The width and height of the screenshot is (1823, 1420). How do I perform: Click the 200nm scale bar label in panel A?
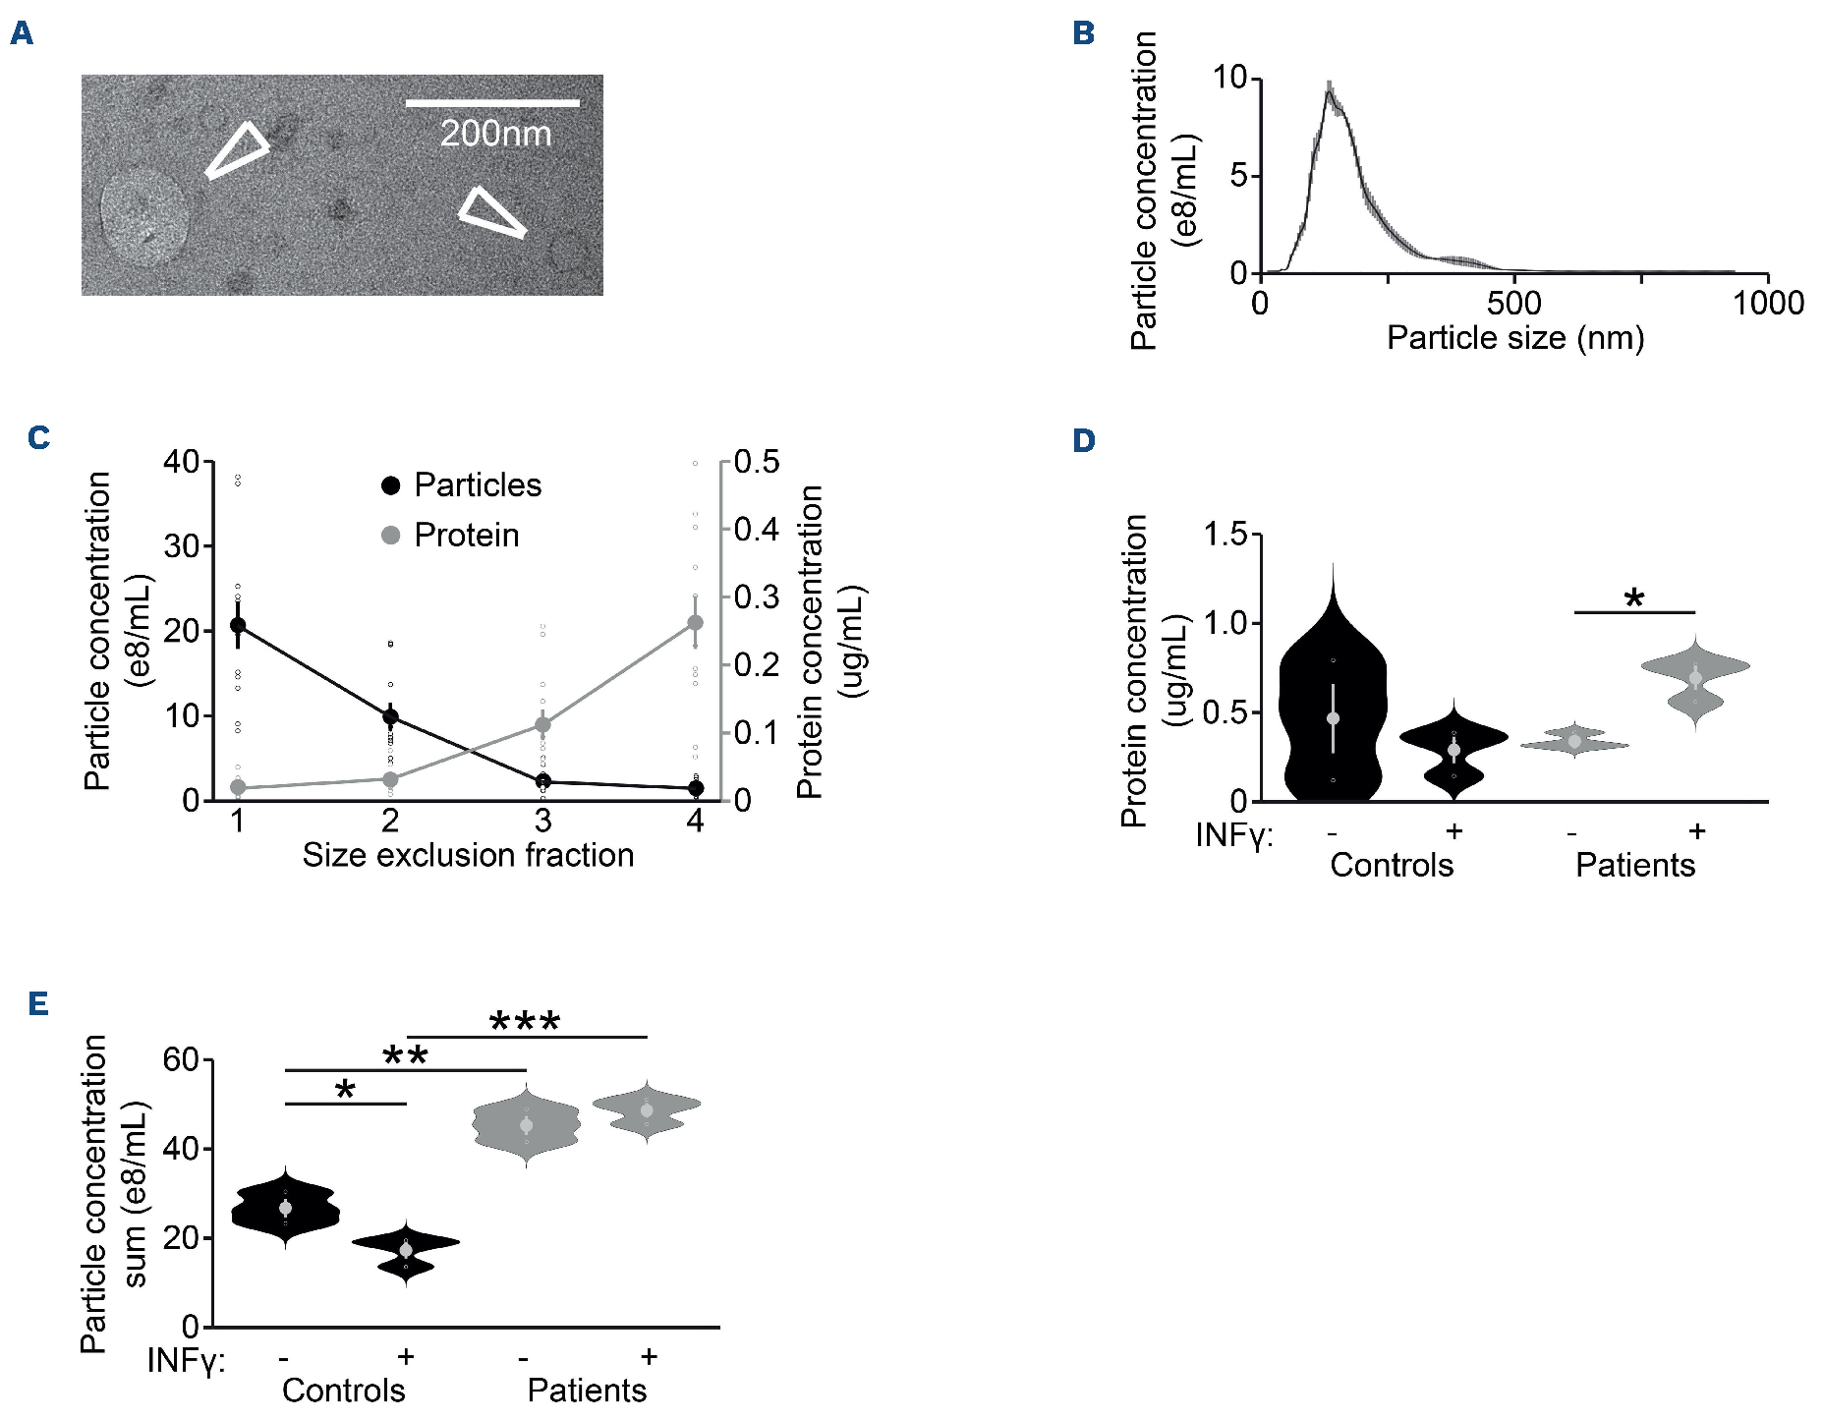[x=495, y=134]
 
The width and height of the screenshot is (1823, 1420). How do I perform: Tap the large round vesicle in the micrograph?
[x=144, y=216]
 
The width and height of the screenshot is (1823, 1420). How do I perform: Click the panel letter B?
[x=1083, y=33]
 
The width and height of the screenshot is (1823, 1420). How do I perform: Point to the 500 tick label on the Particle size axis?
[x=1513, y=303]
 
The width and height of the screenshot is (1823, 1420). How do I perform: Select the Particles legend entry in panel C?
[x=462, y=484]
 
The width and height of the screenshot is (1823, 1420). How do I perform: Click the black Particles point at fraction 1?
[x=238, y=625]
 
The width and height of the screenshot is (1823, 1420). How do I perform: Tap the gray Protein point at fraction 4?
[x=696, y=622]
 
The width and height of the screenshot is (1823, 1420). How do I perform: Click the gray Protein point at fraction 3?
[x=542, y=725]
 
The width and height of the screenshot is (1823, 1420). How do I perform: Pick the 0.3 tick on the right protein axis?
[x=757, y=596]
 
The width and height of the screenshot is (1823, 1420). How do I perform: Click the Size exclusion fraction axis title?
[x=468, y=855]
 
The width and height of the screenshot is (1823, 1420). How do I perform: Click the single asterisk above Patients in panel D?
[x=1634, y=597]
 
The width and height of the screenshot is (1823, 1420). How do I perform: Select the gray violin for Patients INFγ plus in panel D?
[x=1695, y=679]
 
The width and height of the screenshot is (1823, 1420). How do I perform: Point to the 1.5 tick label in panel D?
[x=1225, y=535]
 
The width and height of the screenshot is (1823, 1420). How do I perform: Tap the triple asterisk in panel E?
[x=525, y=1022]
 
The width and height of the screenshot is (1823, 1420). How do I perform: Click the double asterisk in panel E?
[x=405, y=1056]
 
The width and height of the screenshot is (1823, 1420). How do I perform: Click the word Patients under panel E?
[x=587, y=1391]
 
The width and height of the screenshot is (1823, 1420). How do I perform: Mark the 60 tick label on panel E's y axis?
[x=181, y=1060]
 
